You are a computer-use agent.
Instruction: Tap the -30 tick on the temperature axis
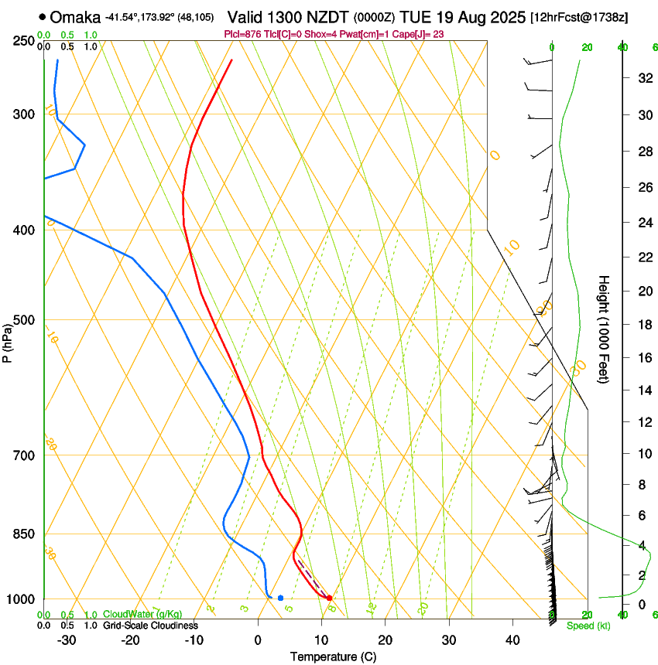tap(67, 640)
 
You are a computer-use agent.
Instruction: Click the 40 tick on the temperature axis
tap(512, 640)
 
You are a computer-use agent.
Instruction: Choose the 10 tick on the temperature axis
tap(321, 640)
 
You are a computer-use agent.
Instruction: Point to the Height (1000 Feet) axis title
tap(604, 329)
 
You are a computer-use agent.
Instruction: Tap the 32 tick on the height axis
tap(643, 78)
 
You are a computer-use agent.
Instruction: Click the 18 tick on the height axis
tap(643, 325)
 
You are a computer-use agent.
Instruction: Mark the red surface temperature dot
tap(329, 598)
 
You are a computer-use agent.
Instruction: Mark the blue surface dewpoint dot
tap(280, 598)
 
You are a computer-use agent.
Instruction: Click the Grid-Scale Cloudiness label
tap(149, 626)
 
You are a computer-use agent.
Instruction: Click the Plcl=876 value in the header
tap(242, 34)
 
